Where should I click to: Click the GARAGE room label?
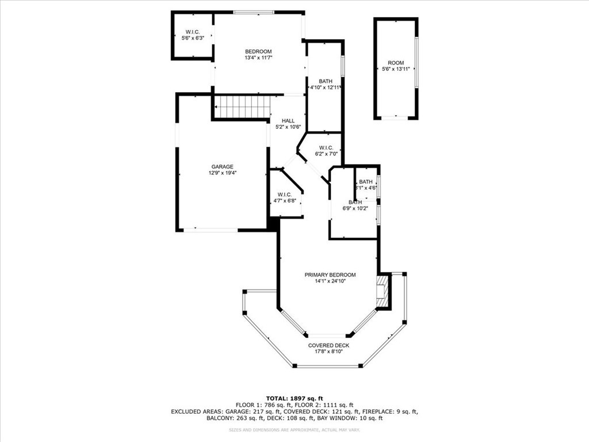pos(221,166)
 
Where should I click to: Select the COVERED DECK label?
pos(328,345)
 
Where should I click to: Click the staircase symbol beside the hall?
pos(242,107)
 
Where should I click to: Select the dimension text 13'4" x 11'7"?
pos(258,58)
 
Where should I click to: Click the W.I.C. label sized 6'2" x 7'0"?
pos(326,148)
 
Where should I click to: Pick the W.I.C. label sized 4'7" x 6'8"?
pos(285,194)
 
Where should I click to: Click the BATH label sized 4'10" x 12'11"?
pos(326,81)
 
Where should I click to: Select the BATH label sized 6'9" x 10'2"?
pos(355,202)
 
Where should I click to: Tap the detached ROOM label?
pos(396,63)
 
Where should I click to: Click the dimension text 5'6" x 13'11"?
pos(396,69)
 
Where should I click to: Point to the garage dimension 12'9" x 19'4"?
pos(221,173)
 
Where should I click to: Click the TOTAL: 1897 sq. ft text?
pos(294,398)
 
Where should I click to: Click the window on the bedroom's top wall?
pos(254,12)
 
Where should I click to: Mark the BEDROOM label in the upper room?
pos(258,52)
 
